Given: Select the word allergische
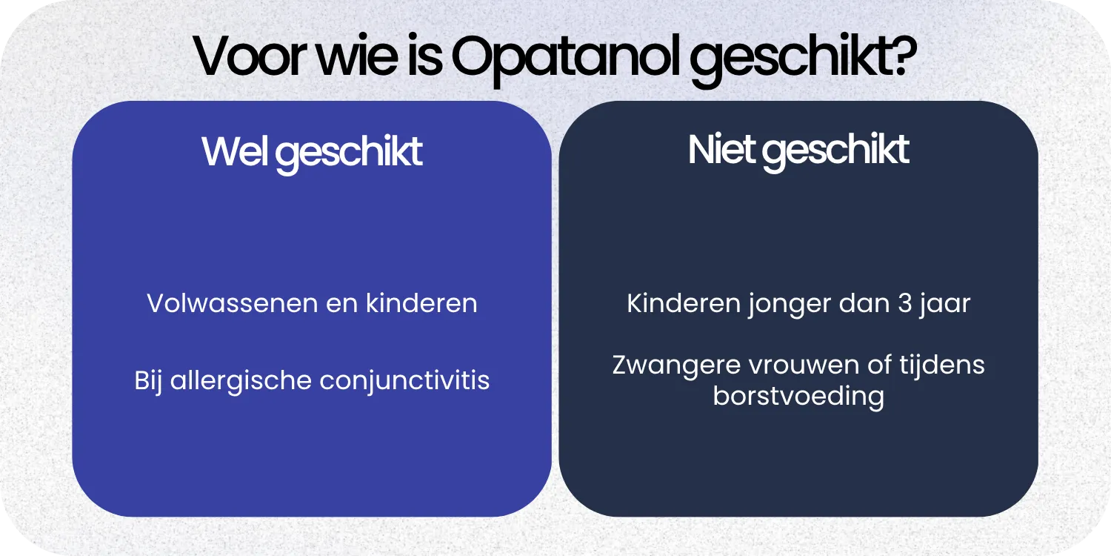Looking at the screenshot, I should pyautogui.click(x=241, y=381).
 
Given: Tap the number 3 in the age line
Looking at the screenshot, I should pyautogui.click(x=904, y=304).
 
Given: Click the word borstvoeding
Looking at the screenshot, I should pyautogui.click(x=798, y=397).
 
